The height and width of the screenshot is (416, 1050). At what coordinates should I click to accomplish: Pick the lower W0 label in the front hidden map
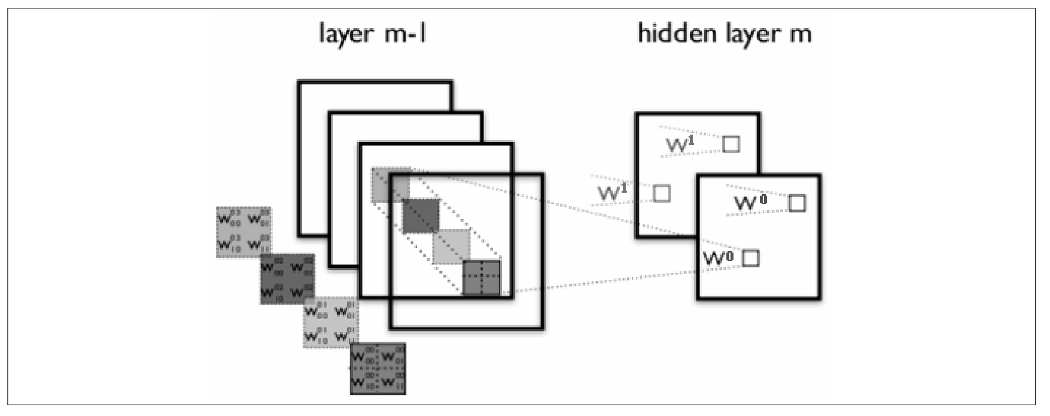717,259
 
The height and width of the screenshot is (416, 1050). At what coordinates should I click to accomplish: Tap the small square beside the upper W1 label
731,144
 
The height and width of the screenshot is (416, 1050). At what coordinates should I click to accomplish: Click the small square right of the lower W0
751,258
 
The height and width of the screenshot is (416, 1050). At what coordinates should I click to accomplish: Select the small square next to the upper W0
797,203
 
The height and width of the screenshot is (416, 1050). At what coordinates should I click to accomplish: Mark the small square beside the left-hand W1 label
662,193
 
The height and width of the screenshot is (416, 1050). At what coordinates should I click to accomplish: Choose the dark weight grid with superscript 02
288,278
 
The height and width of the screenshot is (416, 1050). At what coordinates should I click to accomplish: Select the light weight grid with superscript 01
331,323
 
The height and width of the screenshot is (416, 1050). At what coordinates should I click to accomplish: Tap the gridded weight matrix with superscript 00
378,369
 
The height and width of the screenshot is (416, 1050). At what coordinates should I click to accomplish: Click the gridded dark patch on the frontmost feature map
482,278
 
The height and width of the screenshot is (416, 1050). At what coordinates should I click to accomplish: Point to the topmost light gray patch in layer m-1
391,185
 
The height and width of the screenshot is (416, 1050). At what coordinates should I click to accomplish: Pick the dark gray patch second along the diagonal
421,216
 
